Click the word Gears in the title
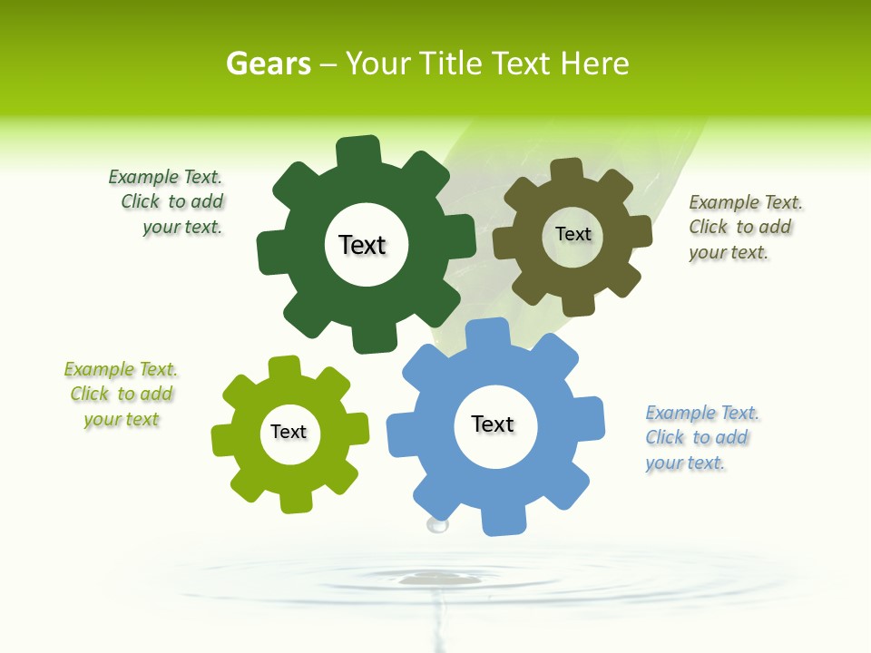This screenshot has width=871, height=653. [x=268, y=63]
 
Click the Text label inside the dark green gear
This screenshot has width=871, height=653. [x=362, y=245]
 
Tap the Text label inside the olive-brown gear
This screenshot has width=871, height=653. [x=573, y=234]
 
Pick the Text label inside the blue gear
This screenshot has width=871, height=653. [x=493, y=424]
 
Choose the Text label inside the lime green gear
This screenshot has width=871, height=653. [x=289, y=432]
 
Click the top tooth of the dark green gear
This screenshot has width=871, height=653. [x=358, y=151]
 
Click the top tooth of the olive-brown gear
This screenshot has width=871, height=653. [x=566, y=170]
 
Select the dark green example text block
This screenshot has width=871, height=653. [x=167, y=202]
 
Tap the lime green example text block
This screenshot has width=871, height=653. [x=122, y=395]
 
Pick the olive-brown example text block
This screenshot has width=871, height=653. [x=744, y=228]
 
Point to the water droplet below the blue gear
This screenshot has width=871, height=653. [x=438, y=523]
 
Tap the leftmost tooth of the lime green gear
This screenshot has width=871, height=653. [x=223, y=440]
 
